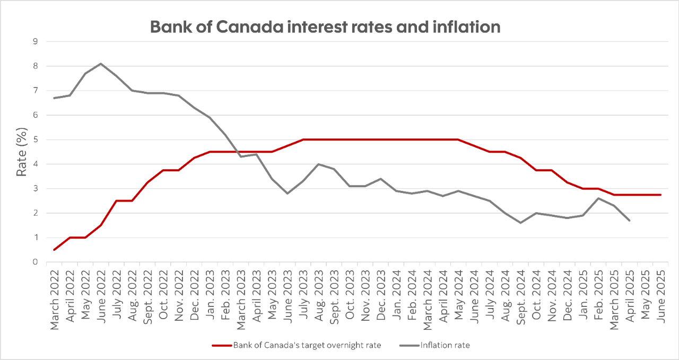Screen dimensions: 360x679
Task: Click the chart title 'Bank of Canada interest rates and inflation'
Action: pyautogui.click(x=325, y=27)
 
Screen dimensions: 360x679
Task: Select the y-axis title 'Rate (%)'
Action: pyautogui.click(x=21, y=152)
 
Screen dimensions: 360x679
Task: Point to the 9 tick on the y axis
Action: pyautogui.click(x=35, y=41)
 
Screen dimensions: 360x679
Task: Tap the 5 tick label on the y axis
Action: pyautogui.click(x=35, y=139)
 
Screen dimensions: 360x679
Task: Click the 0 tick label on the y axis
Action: pyautogui.click(x=35, y=262)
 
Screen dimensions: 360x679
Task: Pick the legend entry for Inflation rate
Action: pyautogui.click(x=445, y=345)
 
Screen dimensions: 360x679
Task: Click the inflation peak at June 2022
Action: pyautogui.click(x=101, y=64)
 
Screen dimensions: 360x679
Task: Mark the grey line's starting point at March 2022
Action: pyautogui.click(x=55, y=98)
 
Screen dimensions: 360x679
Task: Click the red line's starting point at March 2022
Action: pyautogui.click(x=55, y=250)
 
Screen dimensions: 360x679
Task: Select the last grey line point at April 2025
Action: pyautogui.click(x=630, y=220)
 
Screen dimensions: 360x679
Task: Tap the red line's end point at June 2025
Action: pyautogui.click(x=660, y=195)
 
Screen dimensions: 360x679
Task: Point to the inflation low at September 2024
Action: pyautogui.click(x=520, y=223)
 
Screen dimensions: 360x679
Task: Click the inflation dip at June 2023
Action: pyautogui.click(x=288, y=194)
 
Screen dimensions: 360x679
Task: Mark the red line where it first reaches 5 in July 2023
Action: pyautogui.click(x=303, y=139)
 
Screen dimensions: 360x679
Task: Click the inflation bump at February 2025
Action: pyautogui.click(x=598, y=198)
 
